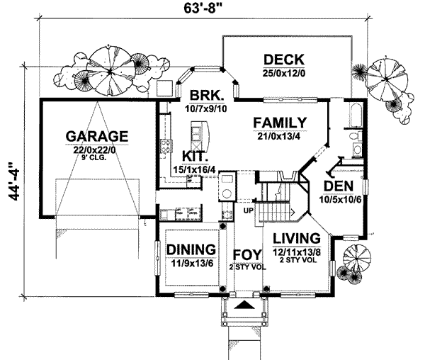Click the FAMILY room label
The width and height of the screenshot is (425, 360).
click(x=280, y=122)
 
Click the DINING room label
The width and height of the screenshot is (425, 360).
click(x=191, y=249)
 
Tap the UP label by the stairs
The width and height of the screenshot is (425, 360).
click(x=248, y=210)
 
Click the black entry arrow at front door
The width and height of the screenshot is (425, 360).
click(x=244, y=305)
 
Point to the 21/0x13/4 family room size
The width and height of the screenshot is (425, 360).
click(x=280, y=135)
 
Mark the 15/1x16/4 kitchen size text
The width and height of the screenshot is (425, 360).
click(x=194, y=169)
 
